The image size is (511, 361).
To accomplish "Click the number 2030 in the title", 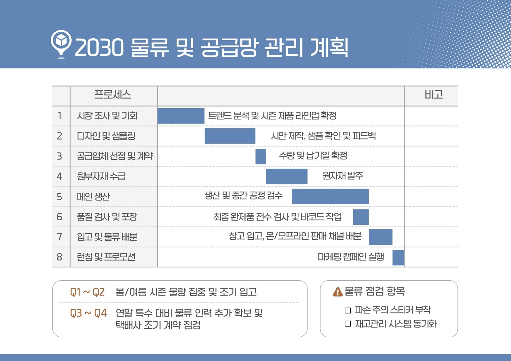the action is pos(99,48).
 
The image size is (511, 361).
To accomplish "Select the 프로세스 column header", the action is pos(112,95).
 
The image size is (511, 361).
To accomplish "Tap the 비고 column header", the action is pos(434,95).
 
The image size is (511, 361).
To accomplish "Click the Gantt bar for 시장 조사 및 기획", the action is pos(181,116).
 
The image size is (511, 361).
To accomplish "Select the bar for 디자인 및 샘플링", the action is pos(230,136).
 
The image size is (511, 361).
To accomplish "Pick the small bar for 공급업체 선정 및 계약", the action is pos(261,156).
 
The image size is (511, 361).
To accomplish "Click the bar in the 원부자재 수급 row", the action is pos(286,177).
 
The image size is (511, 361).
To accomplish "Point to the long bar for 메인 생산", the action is pos(330,196).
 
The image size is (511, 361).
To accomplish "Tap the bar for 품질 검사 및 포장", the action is pos(361,217).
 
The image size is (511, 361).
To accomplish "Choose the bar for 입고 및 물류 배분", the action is pos(380,237).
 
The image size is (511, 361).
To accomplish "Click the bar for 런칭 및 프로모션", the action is pos(398,258).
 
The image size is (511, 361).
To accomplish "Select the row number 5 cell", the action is pos(59,197).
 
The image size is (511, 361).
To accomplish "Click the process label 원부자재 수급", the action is pos(101,176).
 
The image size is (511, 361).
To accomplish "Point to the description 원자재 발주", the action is pos(343,176).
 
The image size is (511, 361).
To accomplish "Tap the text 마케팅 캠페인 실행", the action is pos(351,257).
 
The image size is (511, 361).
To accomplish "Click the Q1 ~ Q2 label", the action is pos(88,292).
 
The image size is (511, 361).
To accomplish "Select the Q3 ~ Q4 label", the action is pos(88,313).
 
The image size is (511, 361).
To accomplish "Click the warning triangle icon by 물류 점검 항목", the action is pos(338,292).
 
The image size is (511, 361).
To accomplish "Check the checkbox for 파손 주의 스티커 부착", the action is pos(348,310).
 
